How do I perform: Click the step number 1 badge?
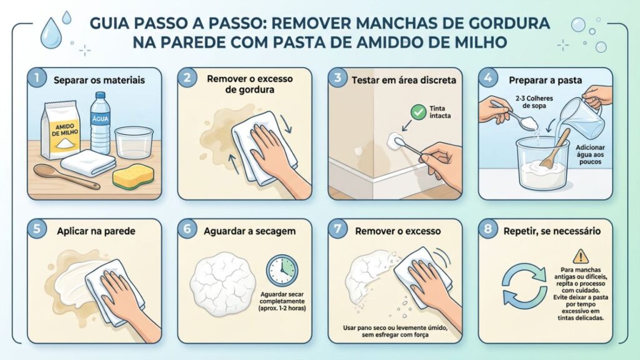tap(37, 79)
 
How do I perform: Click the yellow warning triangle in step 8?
tap(581, 255)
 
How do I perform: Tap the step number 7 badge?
tap(338, 229)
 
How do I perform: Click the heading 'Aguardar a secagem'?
tap(249, 231)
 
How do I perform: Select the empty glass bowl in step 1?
tap(134, 142)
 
